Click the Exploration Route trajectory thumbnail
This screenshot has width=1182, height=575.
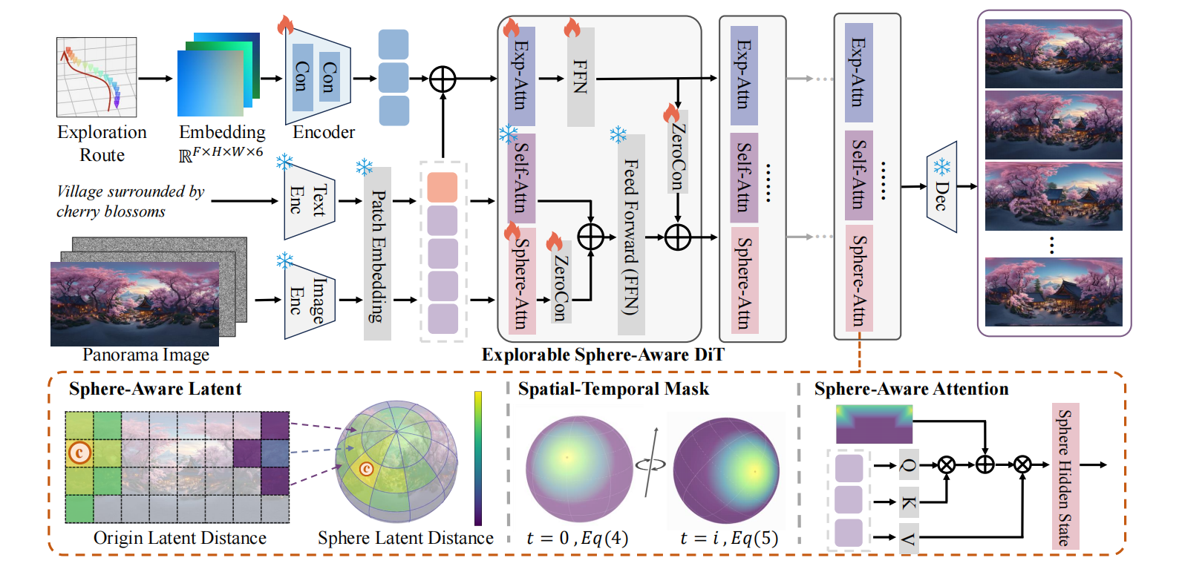(97, 77)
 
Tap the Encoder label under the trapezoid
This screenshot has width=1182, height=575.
(324, 132)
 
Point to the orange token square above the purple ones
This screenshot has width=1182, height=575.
(443, 188)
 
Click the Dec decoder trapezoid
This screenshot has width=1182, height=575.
(941, 187)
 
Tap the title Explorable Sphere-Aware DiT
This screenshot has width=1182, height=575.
(602, 355)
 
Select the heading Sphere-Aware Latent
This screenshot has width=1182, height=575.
(155, 389)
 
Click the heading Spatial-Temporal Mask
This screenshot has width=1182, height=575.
(613, 389)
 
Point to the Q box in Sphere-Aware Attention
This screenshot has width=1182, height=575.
(908, 465)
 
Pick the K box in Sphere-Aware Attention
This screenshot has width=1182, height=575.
(908, 502)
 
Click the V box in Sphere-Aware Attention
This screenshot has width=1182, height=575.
(908, 537)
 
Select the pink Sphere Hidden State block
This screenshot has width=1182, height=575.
(1065, 476)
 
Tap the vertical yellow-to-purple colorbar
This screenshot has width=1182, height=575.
(478, 458)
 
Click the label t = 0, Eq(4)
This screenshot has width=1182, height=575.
(577, 538)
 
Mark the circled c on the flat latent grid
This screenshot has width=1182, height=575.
(79, 452)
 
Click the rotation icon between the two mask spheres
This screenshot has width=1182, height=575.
(651, 464)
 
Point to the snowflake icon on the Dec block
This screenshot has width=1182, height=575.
(941, 166)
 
